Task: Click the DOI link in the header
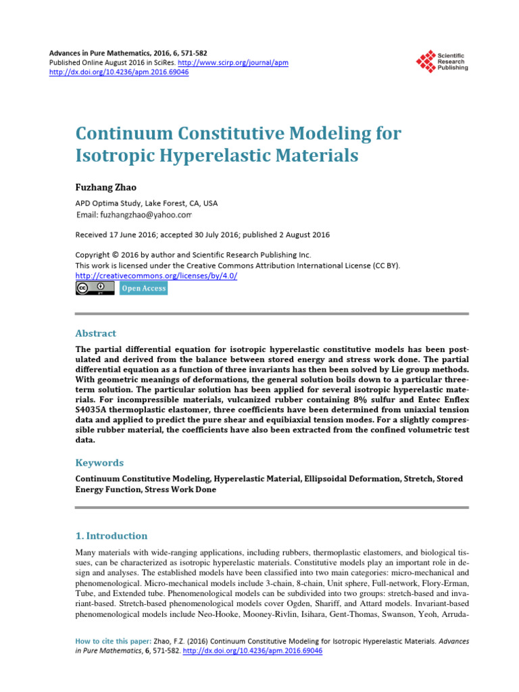[x=120, y=72]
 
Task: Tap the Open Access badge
[x=143, y=289]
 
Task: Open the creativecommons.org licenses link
[x=156, y=276]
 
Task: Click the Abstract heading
[x=95, y=333]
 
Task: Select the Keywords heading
[x=99, y=463]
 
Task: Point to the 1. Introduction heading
[x=111, y=536]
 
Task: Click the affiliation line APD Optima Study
[x=146, y=203]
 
